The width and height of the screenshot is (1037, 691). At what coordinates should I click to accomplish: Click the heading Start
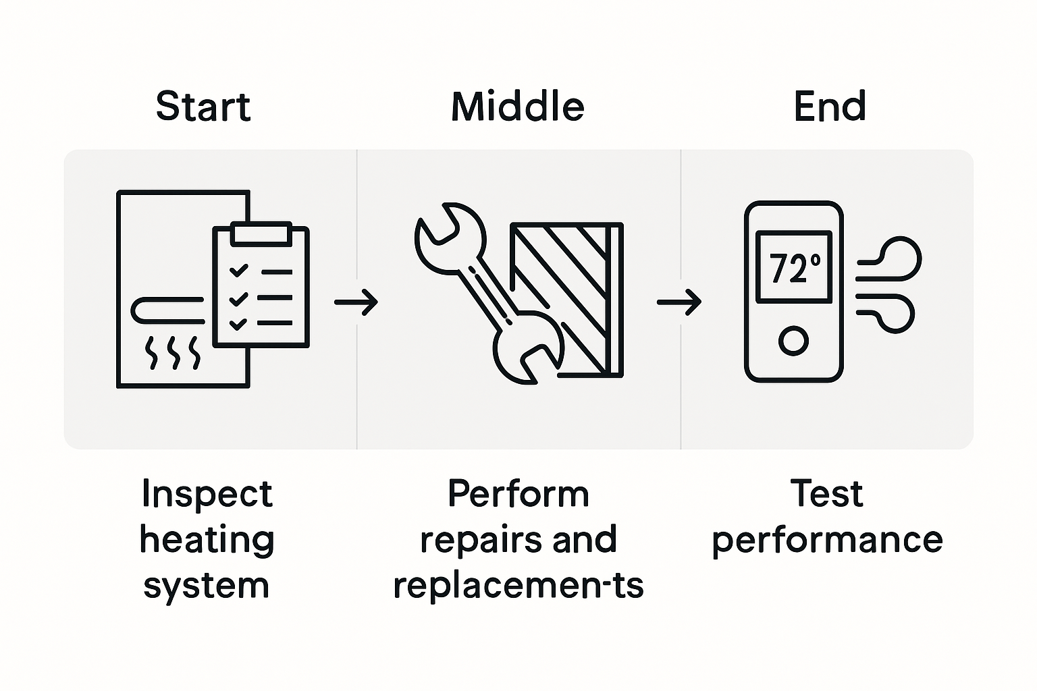click(x=203, y=107)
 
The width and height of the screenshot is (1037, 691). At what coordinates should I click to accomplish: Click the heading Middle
click(x=517, y=107)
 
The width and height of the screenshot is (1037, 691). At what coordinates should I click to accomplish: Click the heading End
click(x=829, y=107)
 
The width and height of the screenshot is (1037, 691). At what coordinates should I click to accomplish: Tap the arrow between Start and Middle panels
click(x=356, y=302)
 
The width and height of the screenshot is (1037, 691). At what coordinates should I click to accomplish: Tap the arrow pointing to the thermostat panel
click(x=679, y=302)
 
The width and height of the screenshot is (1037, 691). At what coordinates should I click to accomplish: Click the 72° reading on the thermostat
click(x=794, y=268)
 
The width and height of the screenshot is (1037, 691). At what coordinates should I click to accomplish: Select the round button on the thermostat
click(x=793, y=341)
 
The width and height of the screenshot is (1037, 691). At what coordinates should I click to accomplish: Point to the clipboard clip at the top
click(x=261, y=233)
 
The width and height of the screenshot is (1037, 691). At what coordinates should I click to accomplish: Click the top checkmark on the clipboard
click(x=238, y=271)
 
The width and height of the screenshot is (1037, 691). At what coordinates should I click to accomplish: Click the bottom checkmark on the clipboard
click(x=238, y=323)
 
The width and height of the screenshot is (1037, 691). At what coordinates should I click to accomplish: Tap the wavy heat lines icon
click(x=174, y=352)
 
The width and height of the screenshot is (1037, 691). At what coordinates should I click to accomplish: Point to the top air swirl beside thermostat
click(x=891, y=260)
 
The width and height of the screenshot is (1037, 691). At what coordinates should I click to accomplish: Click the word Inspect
click(x=207, y=494)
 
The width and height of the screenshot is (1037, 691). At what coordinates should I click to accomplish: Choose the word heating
click(x=207, y=540)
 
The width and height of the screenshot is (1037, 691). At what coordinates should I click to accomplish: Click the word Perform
click(x=518, y=494)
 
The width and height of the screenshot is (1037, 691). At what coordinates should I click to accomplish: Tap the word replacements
click(x=518, y=586)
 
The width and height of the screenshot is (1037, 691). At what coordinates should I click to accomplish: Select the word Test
click(x=826, y=494)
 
